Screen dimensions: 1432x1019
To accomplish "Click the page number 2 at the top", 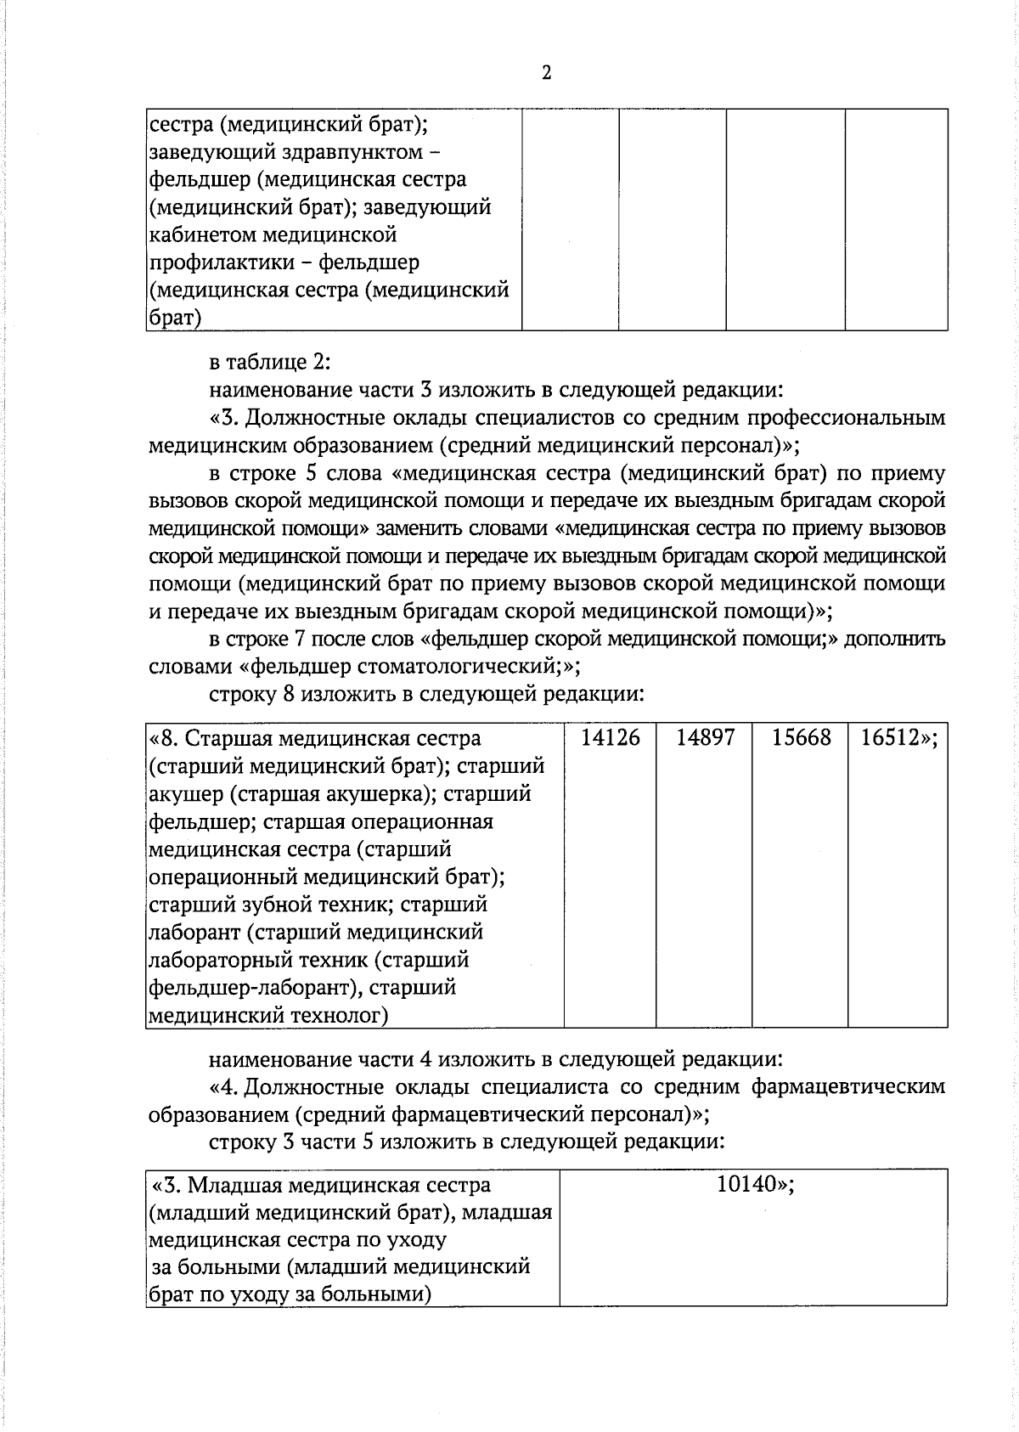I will pyautogui.click(x=546, y=73).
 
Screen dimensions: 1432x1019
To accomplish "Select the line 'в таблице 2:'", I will pyautogui.click(x=269, y=363).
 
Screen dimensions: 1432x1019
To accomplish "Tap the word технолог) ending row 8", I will pyautogui.click(x=340, y=1015).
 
